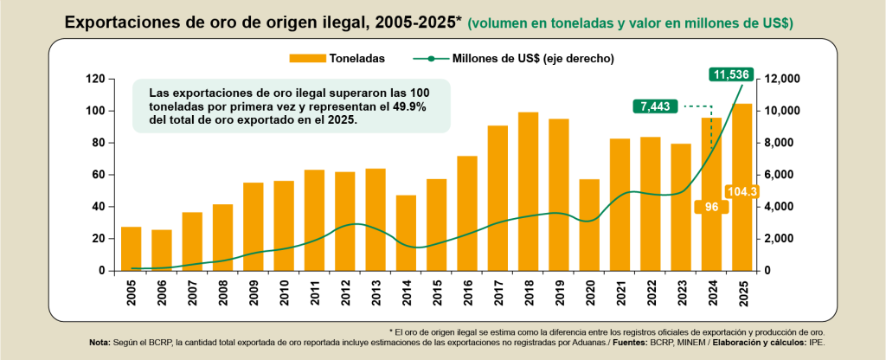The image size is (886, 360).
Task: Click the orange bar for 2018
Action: click(528, 191)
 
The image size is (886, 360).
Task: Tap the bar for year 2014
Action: click(406, 233)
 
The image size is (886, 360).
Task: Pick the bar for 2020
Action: click(589, 225)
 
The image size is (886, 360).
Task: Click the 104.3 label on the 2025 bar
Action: click(742, 191)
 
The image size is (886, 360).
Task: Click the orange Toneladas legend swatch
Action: click(307, 58)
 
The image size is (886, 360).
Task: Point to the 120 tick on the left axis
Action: click(96, 80)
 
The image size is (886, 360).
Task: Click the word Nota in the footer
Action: click(100, 343)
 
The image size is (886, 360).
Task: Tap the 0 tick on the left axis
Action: click(101, 271)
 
